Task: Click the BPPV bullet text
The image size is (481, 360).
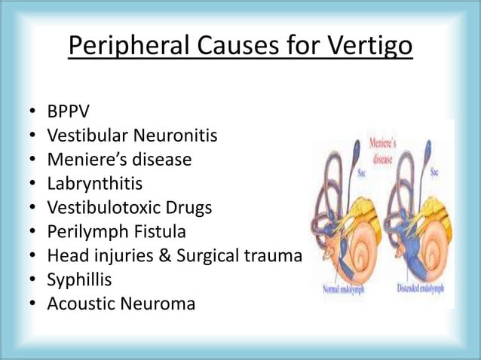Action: (x=68, y=111)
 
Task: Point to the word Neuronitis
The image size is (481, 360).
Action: (x=177, y=136)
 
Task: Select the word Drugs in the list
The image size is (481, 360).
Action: (x=190, y=208)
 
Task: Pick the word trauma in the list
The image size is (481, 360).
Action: (x=272, y=256)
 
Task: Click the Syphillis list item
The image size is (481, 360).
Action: (x=79, y=280)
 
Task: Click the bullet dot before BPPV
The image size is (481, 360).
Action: (x=34, y=112)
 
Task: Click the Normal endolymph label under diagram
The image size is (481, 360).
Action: (x=343, y=288)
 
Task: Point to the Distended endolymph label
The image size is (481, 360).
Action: (x=418, y=288)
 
